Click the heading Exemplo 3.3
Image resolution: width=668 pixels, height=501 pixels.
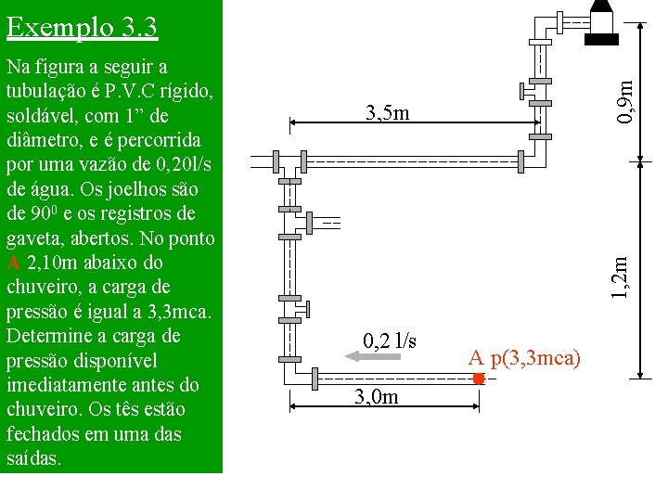[x=83, y=28]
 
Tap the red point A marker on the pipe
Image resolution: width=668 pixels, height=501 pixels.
[x=479, y=379]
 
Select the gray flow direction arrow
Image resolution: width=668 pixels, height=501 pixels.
[x=373, y=356]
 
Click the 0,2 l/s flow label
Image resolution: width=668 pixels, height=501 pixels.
[x=390, y=340]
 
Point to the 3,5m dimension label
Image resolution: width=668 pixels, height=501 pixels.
[x=387, y=112]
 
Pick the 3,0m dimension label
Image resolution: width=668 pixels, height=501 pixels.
[x=377, y=397]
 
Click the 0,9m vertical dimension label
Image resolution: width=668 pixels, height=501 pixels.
[x=625, y=101]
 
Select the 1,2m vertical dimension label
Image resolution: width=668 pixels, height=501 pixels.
[x=620, y=277]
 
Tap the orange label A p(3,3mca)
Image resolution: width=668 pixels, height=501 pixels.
[x=524, y=358]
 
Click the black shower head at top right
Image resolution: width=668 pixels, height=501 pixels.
[x=601, y=22]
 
